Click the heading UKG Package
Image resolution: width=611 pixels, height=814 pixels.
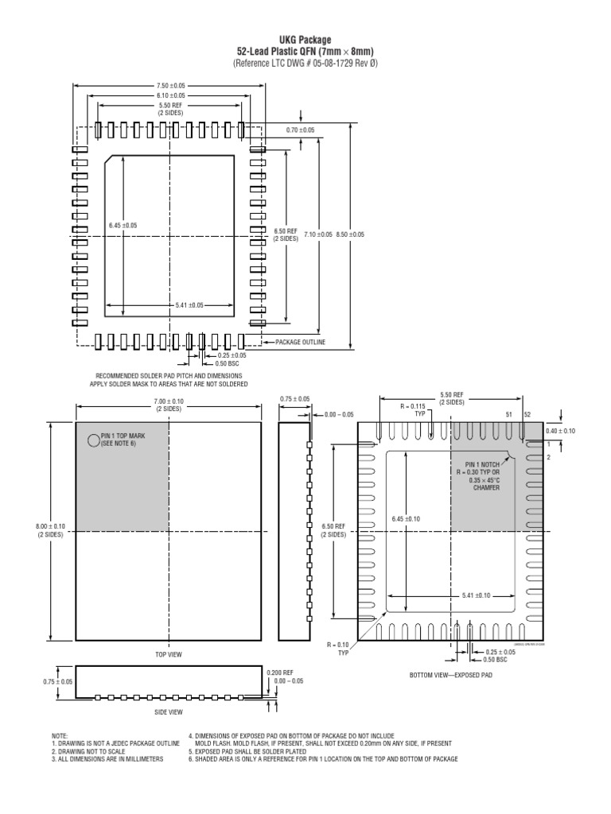tap(305, 40)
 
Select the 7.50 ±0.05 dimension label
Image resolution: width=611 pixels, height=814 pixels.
tap(171, 86)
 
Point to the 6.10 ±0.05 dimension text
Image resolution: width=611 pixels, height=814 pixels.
tap(171, 95)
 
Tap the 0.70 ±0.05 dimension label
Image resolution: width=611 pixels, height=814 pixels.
tap(300, 130)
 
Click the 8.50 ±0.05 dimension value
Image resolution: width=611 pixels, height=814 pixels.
tap(350, 235)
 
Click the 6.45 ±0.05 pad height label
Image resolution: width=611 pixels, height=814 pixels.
tap(123, 226)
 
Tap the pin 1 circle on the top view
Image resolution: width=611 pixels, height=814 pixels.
tap(92, 438)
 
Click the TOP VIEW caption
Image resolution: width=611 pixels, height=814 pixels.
tap(169, 653)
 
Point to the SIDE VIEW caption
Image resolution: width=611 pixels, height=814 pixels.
tap(169, 711)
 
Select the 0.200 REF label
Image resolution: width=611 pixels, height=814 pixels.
tap(280, 672)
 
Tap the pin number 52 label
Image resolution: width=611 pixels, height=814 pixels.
tap(527, 415)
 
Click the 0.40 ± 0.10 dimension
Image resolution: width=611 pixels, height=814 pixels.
tap(561, 431)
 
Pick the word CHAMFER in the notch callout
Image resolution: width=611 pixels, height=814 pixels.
tap(486, 487)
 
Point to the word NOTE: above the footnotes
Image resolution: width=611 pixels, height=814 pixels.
tap(60, 736)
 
